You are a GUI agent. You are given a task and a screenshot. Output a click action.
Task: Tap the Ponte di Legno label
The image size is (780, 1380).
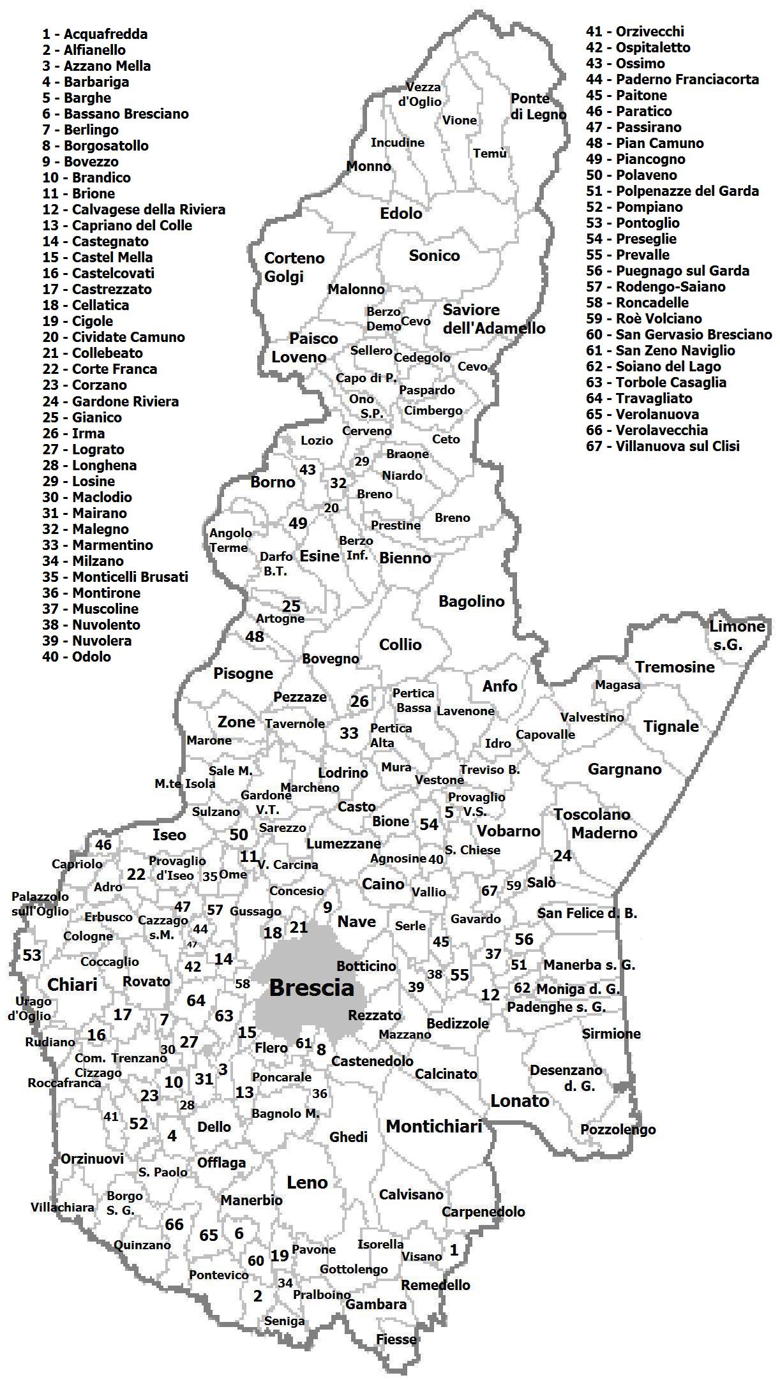pyautogui.click(x=538, y=107)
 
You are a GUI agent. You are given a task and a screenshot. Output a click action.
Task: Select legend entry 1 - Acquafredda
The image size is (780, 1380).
pyautogui.click(x=95, y=34)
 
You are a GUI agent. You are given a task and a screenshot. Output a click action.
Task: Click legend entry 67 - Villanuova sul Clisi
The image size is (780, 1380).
pyautogui.click(x=663, y=447)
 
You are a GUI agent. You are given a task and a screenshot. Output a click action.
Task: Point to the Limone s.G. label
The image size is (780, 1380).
pyautogui.click(x=736, y=635)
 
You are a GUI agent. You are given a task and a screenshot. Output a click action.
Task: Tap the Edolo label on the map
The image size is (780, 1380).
pyautogui.click(x=401, y=214)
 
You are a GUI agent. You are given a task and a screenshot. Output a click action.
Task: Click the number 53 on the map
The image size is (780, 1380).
pyautogui.click(x=32, y=955)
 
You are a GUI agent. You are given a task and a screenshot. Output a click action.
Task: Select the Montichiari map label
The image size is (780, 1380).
pyautogui.click(x=433, y=1127)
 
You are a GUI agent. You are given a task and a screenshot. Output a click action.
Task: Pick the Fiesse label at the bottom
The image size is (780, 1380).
pyautogui.click(x=396, y=1339)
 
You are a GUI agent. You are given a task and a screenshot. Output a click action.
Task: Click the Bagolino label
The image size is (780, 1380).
pyautogui.click(x=471, y=601)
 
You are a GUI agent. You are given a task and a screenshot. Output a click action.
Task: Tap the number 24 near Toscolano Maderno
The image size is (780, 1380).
pyautogui.click(x=562, y=856)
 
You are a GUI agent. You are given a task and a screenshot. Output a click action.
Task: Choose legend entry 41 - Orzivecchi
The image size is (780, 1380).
pyautogui.click(x=634, y=32)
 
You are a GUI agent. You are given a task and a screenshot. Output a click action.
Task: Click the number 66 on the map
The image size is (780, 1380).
pyautogui.click(x=174, y=1224)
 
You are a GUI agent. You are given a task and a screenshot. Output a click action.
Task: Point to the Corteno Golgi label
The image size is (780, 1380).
pyautogui.click(x=294, y=267)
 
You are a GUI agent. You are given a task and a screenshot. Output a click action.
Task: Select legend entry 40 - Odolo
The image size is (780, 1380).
pyautogui.click(x=77, y=657)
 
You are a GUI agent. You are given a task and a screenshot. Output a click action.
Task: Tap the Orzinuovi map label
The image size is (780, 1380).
pyautogui.click(x=92, y=1159)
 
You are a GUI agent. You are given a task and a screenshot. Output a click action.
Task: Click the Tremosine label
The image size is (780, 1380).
pyautogui.click(x=675, y=667)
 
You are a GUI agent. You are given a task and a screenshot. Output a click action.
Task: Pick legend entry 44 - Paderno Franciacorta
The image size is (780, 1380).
pyautogui.click(x=672, y=80)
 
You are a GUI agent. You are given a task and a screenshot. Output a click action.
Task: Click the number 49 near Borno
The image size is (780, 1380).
pyautogui.click(x=297, y=523)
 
